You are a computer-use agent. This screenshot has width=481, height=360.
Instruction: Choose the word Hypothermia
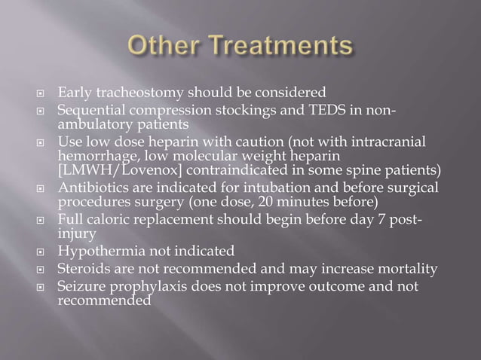pos(101,250)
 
